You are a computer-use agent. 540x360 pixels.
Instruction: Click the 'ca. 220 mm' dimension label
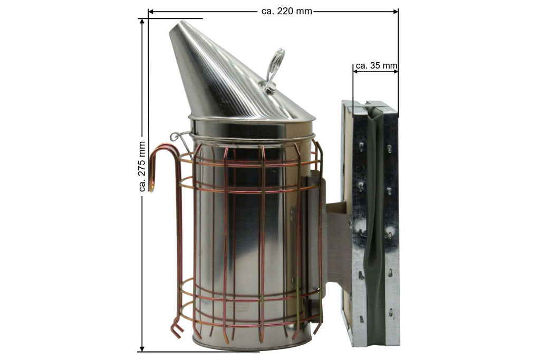286,11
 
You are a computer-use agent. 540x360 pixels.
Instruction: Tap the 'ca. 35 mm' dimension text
375,66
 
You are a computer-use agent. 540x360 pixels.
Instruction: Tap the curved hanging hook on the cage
158,158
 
